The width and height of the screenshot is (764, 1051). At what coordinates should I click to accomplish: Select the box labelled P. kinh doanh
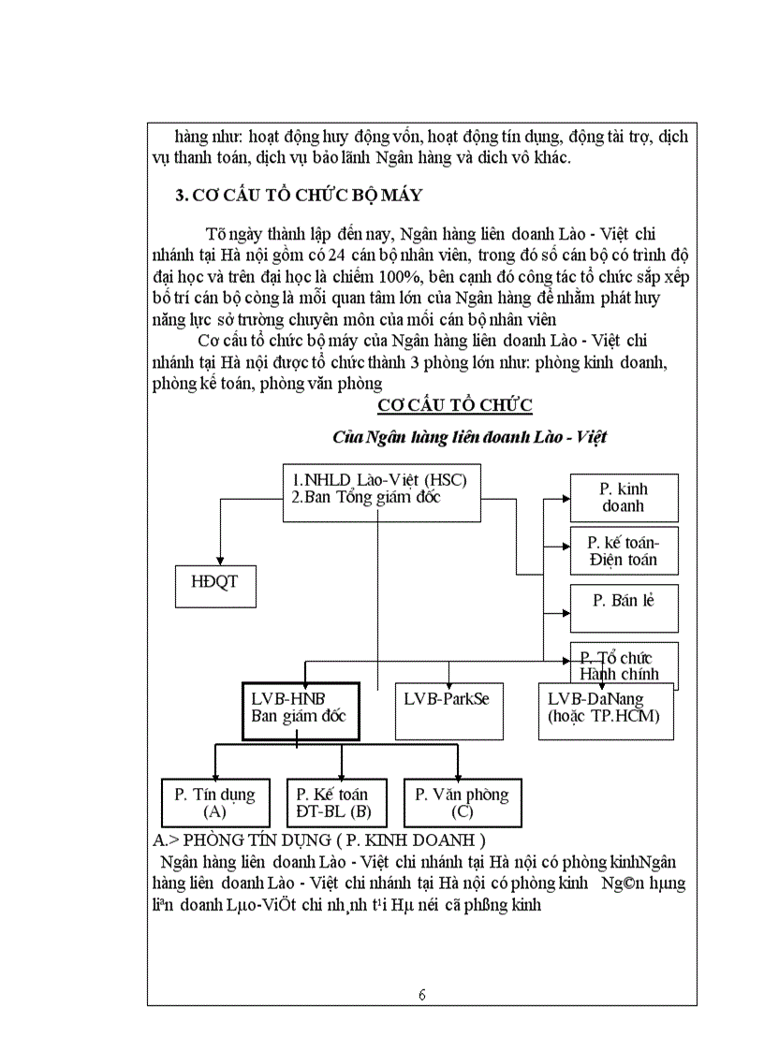(624, 497)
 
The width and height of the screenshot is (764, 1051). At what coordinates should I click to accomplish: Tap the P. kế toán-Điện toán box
(624, 550)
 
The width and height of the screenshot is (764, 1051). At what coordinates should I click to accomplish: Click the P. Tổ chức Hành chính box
(624, 664)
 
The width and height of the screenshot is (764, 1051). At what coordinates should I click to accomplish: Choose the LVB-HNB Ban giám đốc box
(301, 710)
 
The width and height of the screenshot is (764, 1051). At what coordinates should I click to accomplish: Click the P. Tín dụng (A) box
(214, 802)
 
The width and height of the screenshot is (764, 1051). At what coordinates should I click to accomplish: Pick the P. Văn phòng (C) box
(462, 802)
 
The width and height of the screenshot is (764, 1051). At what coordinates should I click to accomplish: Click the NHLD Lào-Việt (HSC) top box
(381, 489)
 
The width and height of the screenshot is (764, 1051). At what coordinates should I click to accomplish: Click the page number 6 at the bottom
(422, 994)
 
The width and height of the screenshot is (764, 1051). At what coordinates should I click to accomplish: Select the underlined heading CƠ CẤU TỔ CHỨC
(455, 404)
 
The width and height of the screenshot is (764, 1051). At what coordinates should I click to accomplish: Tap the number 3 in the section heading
(181, 196)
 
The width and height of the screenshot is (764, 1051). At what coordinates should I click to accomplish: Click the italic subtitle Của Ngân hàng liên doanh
(473, 437)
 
